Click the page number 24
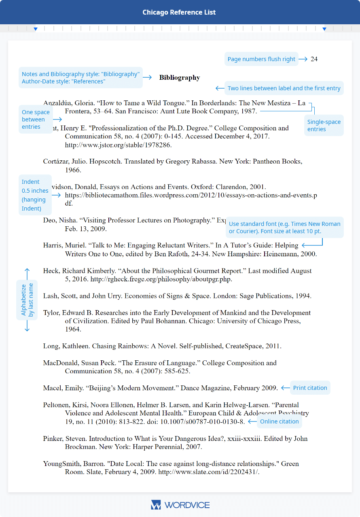pyautogui.click(x=314, y=59)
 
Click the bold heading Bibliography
pyautogui.click(x=180, y=77)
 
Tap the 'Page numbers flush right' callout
pyautogui.click(x=261, y=59)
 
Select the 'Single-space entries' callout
pyautogui.click(x=324, y=126)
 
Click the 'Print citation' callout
pyautogui.click(x=310, y=388)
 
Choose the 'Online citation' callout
pyautogui.click(x=279, y=421)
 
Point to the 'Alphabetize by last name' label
pyautogui.click(x=27, y=300)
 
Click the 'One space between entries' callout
pyautogui.click(x=36, y=119)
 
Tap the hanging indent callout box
pyautogui.click(x=35, y=195)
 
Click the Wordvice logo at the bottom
pyautogui.click(x=180, y=505)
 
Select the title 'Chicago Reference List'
pyautogui.click(x=179, y=13)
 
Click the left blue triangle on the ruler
pyautogui.click(x=36, y=29)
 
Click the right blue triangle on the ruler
pyautogui.click(x=324, y=29)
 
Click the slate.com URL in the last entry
pyautogui.click(x=209, y=472)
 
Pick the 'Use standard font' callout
pyautogui.click(x=284, y=228)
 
